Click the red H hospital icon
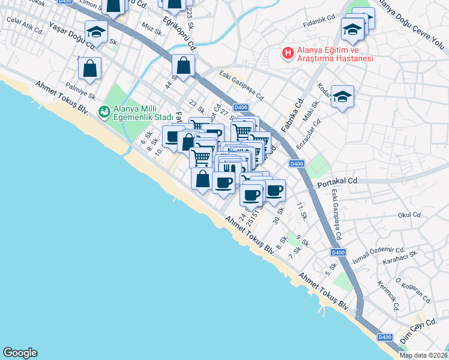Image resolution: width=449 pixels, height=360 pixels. click(x=288, y=53)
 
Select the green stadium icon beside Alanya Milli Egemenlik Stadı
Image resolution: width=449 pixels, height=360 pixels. click(x=104, y=111)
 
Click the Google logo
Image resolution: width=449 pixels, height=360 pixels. click(x=20, y=353)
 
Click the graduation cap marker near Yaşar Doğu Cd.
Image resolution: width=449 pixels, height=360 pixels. click(x=96, y=31)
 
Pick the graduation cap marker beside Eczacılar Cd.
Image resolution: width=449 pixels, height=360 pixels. click(x=342, y=96)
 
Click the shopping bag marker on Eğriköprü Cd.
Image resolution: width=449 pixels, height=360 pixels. click(x=184, y=65)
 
